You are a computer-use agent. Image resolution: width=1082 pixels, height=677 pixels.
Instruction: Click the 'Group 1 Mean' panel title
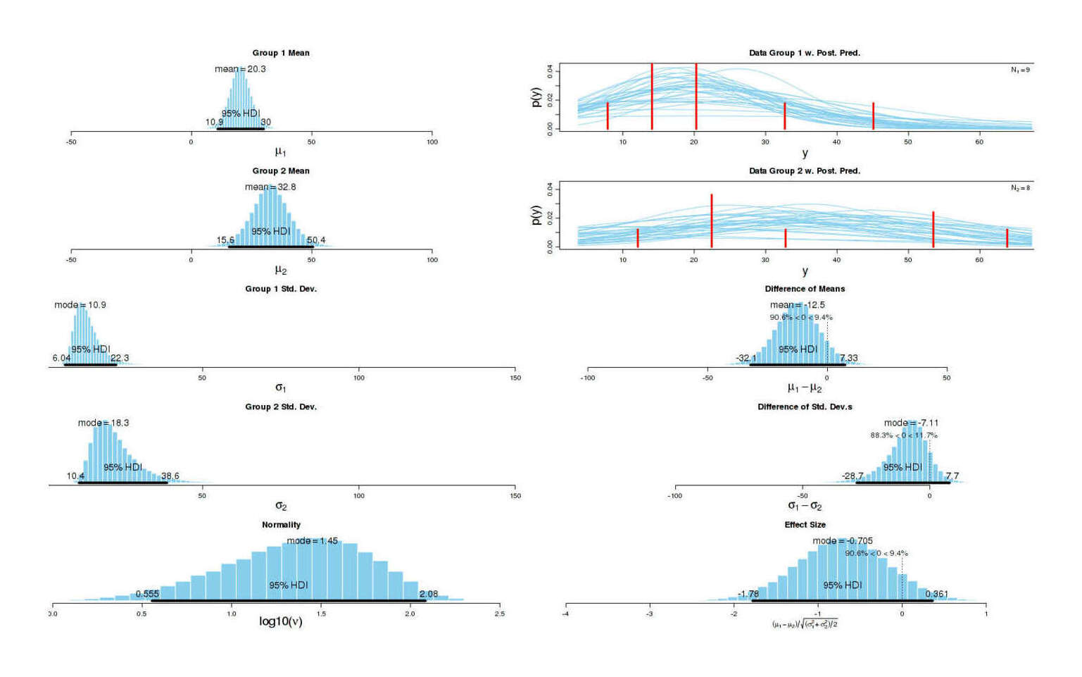click(x=281, y=53)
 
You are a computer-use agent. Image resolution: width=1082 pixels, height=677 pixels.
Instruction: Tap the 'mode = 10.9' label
click(x=80, y=305)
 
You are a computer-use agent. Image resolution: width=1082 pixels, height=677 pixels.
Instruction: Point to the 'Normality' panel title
click(x=281, y=525)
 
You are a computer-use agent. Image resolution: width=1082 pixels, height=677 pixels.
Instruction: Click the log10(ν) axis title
click(x=281, y=621)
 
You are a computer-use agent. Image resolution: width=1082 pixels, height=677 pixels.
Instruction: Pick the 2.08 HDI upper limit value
click(x=428, y=594)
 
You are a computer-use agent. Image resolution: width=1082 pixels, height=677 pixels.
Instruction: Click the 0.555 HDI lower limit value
click(x=147, y=594)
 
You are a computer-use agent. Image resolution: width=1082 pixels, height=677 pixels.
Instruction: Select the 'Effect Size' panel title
click(x=805, y=525)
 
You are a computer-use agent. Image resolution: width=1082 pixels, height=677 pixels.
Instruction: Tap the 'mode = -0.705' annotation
click(x=843, y=541)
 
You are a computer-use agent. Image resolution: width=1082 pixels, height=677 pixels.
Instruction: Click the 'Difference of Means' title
click(x=805, y=289)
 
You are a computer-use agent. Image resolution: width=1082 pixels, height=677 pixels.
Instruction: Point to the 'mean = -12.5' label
click(x=797, y=305)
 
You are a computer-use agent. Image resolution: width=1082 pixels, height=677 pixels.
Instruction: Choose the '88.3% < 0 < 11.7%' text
click(x=903, y=435)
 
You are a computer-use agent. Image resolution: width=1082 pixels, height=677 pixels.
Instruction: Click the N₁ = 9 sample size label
click(x=1020, y=70)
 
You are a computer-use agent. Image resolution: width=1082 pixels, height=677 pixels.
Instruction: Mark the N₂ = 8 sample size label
click(x=1020, y=188)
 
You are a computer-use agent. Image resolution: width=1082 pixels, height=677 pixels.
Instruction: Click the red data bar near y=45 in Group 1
click(x=873, y=116)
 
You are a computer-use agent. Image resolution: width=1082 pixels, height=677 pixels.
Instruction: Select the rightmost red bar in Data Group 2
click(x=1007, y=238)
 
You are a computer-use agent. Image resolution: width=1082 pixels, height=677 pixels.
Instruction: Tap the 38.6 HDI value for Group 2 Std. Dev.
click(x=170, y=476)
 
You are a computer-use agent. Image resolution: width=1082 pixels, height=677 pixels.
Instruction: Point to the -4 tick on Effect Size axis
click(x=565, y=614)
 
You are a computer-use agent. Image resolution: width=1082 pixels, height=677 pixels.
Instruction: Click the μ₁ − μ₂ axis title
click(x=805, y=387)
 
